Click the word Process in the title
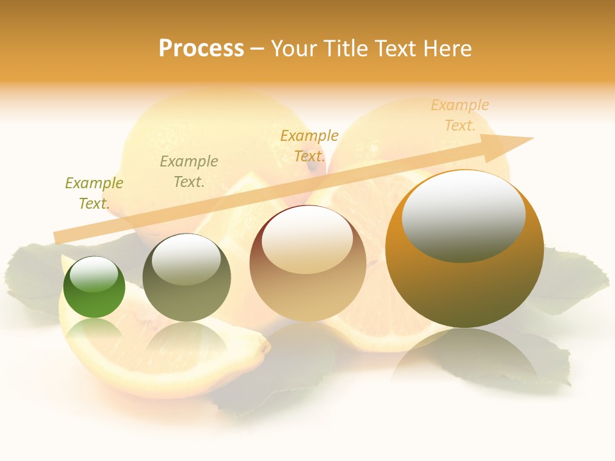pyautogui.click(x=201, y=49)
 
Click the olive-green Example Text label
pyautogui.click(x=94, y=193)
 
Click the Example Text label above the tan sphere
pyautogui.click(x=309, y=146)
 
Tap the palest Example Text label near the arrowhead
pyautogui.click(x=460, y=115)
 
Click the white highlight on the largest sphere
pyautogui.click(x=463, y=214)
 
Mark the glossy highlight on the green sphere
pyautogui.click(x=94, y=275)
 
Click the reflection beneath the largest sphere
pyautogui.click(x=464, y=359)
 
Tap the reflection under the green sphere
pyautogui.click(x=94, y=330)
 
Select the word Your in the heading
pyautogui.click(x=295, y=49)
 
